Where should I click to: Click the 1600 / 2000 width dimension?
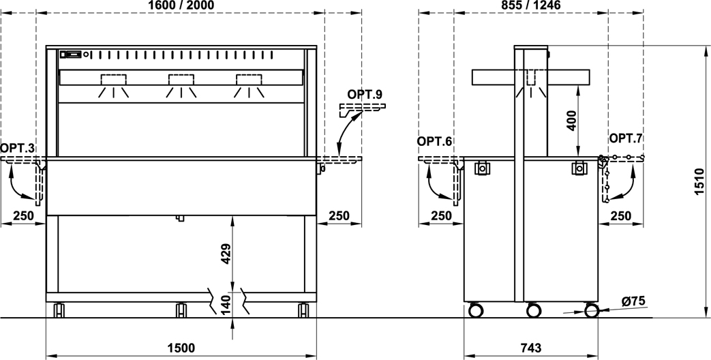(x=181, y=5)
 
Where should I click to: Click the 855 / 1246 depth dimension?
(x=531, y=5)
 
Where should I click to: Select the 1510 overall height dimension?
(x=699, y=181)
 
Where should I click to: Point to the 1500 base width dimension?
(x=181, y=348)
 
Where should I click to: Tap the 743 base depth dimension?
(x=531, y=348)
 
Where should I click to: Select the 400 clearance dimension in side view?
(x=572, y=120)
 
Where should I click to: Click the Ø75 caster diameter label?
(x=633, y=301)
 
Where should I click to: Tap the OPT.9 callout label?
(x=365, y=94)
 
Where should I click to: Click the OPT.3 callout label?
(x=17, y=148)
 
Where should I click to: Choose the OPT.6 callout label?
(x=434, y=141)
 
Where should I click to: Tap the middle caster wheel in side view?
(x=534, y=311)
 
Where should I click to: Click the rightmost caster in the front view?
(x=303, y=310)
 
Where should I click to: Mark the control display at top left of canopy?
(x=72, y=55)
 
